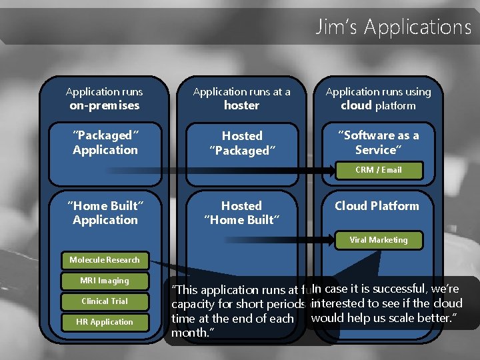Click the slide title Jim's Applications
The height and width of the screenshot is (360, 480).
click(x=393, y=27)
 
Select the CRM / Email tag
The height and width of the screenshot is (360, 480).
click(x=378, y=170)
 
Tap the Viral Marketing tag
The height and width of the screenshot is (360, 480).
click(x=378, y=240)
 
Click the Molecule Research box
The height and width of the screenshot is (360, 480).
click(x=105, y=259)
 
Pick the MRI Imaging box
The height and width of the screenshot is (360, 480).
click(x=105, y=281)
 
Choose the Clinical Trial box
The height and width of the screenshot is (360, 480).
click(x=105, y=301)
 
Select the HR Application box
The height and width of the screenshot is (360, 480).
click(x=105, y=322)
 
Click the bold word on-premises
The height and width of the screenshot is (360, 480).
click(x=105, y=105)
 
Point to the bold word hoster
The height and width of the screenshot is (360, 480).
click(x=241, y=105)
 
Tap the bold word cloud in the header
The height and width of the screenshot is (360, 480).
click(x=356, y=105)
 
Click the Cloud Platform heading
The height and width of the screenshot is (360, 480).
click(x=377, y=206)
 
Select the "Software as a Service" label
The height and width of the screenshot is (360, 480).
click(x=377, y=143)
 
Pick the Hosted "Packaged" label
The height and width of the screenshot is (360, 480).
click(x=241, y=143)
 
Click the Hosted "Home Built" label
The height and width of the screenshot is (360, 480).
click(x=241, y=213)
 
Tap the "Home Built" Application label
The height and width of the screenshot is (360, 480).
click(x=105, y=213)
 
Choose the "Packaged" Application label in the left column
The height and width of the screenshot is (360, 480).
click(x=105, y=143)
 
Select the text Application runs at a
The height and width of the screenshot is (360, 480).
click(x=241, y=92)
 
